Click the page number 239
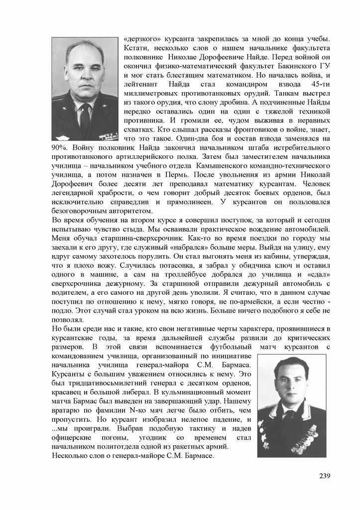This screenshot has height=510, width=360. coord(325,476)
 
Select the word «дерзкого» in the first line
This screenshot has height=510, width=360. coord(139,39)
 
